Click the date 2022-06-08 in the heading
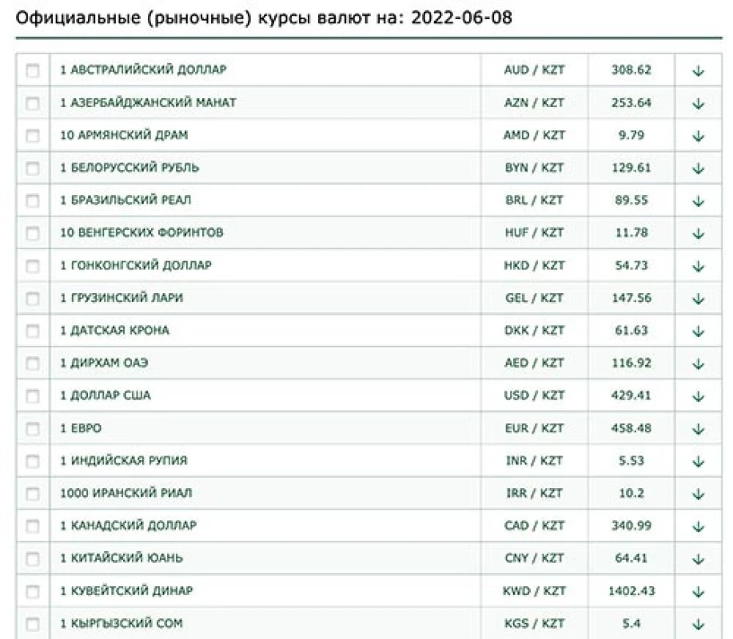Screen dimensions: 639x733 pyautogui.click(x=462, y=17)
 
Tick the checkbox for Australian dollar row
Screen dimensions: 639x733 pyautogui.click(x=33, y=70)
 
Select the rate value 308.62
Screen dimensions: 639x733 pyautogui.click(x=631, y=70)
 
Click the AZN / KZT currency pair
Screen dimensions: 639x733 pyautogui.click(x=534, y=103)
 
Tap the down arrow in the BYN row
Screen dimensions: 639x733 pyautogui.click(x=698, y=169)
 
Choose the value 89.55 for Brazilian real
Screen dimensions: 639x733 pyautogui.click(x=631, y=200)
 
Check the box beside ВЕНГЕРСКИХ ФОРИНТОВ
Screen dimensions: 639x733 pyautogui.click(x=33, y=233)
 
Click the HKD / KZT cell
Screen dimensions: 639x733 pyautogui.click(x=534, y=265)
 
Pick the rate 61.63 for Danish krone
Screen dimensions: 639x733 pyautogui.click(x=631, y=331)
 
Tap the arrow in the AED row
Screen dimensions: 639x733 pyautogui.click(x=698, y=363)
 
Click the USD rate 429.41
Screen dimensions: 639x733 pyautogui.click(x=631, y=395)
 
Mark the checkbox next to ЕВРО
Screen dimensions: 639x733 pyautogui.click(x=33, y=428)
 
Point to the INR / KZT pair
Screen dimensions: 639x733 pyautogui.click(x=534, y=461)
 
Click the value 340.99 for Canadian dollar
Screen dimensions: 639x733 pyautogui.click(x=631, y=526)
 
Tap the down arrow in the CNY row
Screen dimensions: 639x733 pyautogui.click(x=698, y=559)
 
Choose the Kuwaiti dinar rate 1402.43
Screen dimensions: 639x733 pyautogui.click(x=631, y=591)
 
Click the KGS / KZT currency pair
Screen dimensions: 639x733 pyautogui.click(x=534, y=623)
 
